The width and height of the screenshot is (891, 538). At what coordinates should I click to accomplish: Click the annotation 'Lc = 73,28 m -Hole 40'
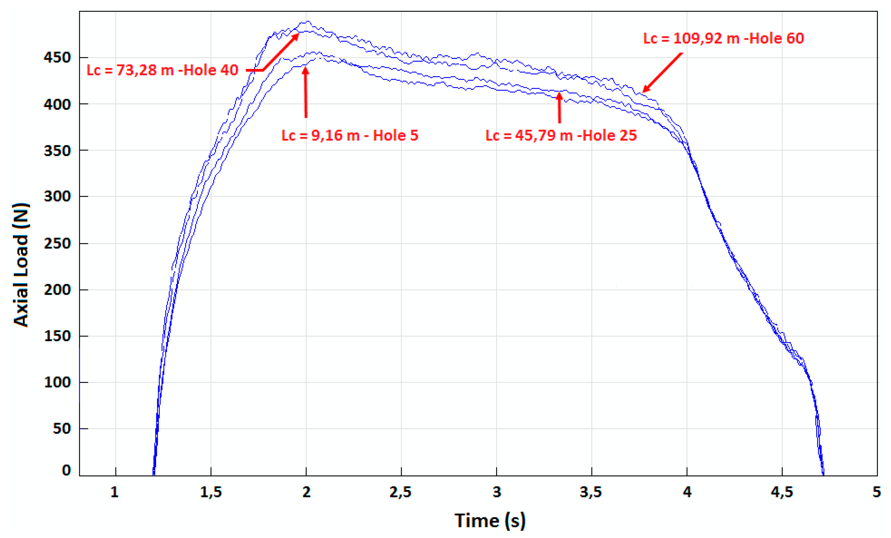coord(162,70)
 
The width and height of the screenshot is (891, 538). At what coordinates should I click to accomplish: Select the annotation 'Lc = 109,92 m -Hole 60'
coord(723,38)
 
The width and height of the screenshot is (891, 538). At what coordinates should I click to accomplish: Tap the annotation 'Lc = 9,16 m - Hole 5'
coord(350,135)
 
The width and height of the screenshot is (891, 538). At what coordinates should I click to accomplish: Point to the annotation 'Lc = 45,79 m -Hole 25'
coord(561,135)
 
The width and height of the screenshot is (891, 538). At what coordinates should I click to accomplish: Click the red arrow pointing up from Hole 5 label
coord(306,92)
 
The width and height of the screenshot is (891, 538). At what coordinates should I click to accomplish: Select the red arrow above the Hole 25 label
coord(559,108)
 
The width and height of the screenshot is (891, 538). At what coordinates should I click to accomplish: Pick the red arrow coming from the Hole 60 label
coord(662,72)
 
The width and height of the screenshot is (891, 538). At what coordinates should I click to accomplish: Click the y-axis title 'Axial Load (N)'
coord(21,265)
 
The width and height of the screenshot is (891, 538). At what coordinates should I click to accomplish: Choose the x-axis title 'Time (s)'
coord(490,521)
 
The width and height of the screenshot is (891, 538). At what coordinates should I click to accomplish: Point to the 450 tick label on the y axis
coord(57,58)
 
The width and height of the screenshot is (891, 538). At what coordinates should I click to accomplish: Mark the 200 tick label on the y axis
coord(57,290)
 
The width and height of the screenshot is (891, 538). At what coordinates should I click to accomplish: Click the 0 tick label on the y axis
coord(66,470)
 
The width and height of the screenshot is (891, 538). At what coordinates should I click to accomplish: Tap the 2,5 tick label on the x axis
coord(401,492)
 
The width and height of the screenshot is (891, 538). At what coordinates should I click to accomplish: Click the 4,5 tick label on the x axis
coord(782,492)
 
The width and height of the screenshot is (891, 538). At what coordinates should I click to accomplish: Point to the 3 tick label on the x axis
coord(496,492)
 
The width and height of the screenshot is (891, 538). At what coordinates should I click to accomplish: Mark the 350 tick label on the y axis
coord(57,151)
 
